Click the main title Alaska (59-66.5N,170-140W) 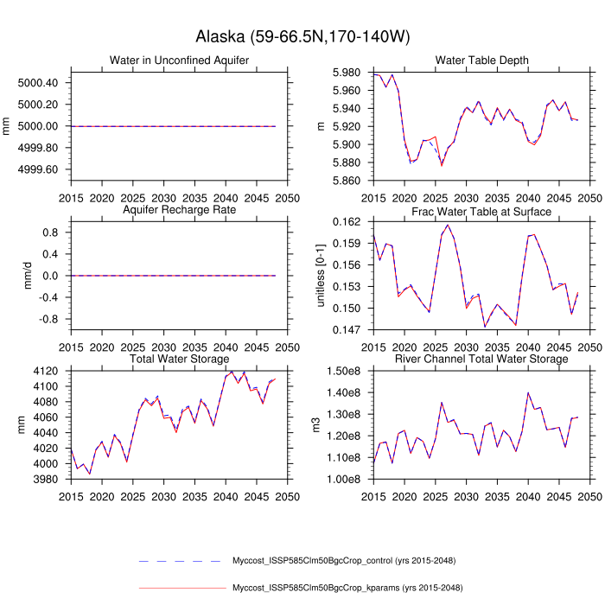tap(302, 37)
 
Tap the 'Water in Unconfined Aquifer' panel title tap(180, 60)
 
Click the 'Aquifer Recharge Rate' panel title tap(180, 211)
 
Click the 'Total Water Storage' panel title tap(180, 359)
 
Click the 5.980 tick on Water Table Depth tap(346, 72)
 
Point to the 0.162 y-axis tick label tap(346, 222)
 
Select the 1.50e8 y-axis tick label tap(343, 372)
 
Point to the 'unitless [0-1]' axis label tap(321, 276)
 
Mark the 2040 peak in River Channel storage tap(528, 392)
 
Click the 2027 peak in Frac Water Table tap(448, 225)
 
